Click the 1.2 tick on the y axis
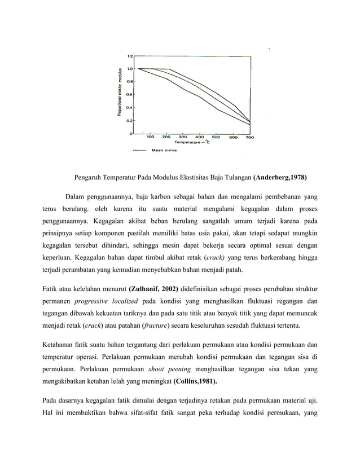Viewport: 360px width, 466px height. [x=130, y=56]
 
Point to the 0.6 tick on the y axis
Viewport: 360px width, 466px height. [x=130, y=94]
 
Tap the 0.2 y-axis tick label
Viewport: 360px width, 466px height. [x=130, y=120]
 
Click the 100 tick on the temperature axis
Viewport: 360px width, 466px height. [x=151, y=137]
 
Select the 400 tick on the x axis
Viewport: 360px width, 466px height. [x=200, y=137]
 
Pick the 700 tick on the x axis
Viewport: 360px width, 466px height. [x=249, y=137]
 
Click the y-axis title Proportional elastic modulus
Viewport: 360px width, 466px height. [x=120, y=93]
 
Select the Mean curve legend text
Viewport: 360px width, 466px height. [x=162, y=151]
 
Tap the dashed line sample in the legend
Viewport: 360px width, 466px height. [x=139, y=151]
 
